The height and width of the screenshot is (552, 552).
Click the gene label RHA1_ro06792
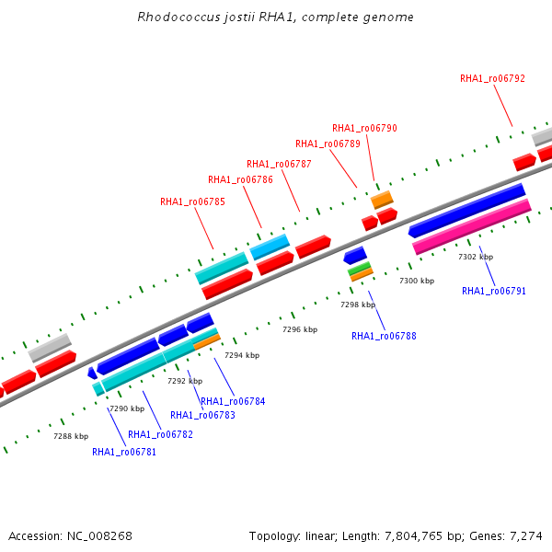(492, 78)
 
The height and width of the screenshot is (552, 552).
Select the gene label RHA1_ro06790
(364, 128)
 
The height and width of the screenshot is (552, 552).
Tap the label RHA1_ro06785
(192, 201)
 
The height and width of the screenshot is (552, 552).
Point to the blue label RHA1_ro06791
(494, 291)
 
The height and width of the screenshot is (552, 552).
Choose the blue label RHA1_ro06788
(384, 336)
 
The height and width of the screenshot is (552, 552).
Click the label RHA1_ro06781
(124, 452)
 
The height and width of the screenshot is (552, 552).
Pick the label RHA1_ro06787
(279, 164)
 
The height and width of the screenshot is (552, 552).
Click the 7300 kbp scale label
(417, 281)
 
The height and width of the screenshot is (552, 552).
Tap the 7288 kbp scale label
(71, 436)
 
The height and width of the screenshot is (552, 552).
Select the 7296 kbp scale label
(300, 329)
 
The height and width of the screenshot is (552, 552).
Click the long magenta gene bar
(472, 226)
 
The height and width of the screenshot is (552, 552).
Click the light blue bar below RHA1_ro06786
(270, 247)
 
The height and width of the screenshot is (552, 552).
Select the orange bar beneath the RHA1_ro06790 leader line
(382, 200)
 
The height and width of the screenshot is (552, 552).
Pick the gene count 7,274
(526, 536)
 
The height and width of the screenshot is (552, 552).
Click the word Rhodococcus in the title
(178, 17)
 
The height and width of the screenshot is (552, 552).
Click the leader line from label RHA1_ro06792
(503, 106)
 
